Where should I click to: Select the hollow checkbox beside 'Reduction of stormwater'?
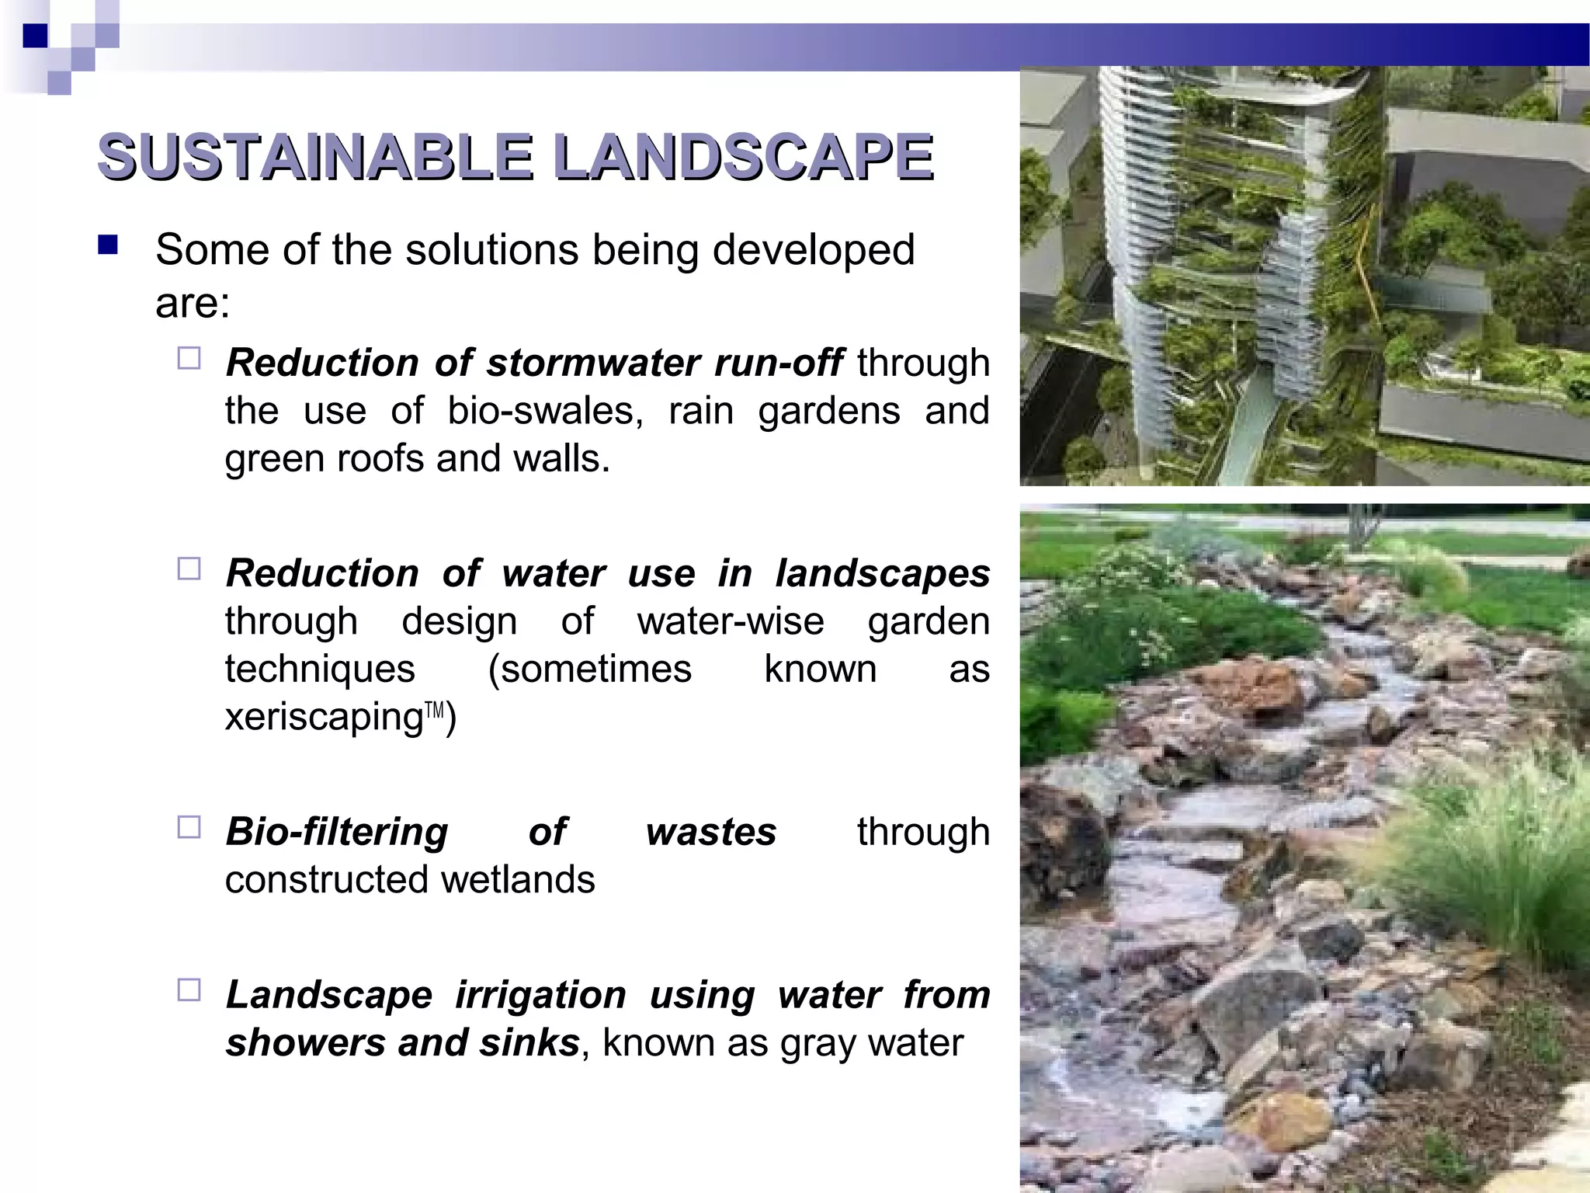point(189,358)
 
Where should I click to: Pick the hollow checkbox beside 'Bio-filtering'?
point(189,827)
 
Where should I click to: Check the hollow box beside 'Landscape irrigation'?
point(189,990)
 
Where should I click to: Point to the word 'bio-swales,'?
point(545,411)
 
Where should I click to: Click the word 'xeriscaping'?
point(324,717)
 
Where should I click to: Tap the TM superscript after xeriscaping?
point(435,709)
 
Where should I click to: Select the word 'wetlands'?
point(518,880)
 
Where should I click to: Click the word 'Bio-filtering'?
point(337,832)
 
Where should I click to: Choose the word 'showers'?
point(305,1043)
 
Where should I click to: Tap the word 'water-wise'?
point(731,621)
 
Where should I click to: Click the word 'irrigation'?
point(540,995)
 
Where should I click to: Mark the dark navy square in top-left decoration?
point(36,36)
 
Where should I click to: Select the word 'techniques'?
point(320,670)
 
